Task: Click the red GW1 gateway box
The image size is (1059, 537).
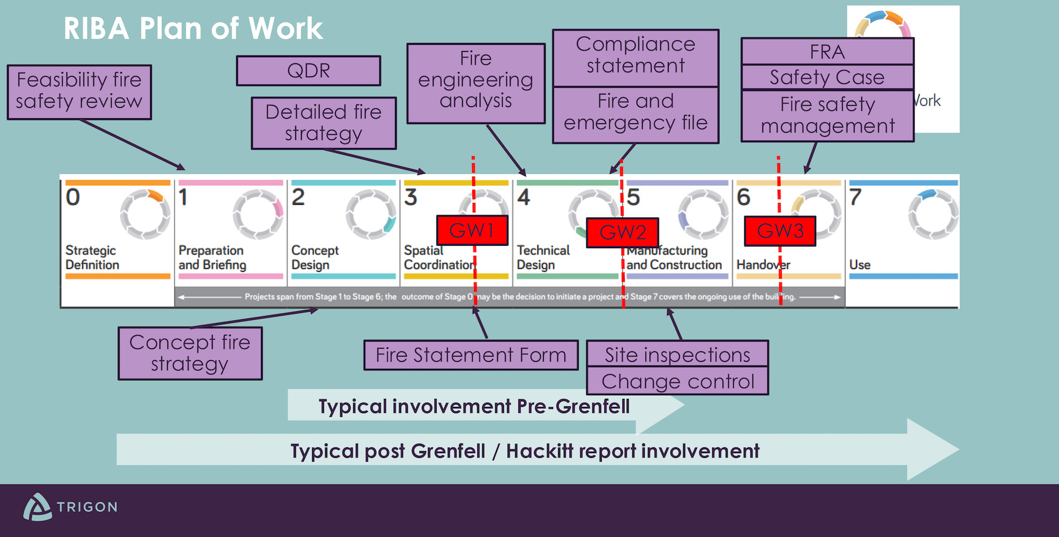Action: click(x=472, y=230)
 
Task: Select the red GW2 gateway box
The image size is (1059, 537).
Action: click(x=622, y=232)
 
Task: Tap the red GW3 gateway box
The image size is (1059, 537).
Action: click(x=780, y=231)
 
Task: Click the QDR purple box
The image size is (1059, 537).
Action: click(x=308, y=70)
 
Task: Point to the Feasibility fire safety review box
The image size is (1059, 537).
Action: click(x=79, y=91)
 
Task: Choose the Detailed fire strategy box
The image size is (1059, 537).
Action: click(x=323, y=123)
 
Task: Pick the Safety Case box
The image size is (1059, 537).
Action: click(x=827, y=77)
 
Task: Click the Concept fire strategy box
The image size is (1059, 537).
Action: click(x=190, y=353)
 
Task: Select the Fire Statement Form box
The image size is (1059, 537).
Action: click(x=471, y=355)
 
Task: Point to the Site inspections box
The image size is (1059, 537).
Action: click(x=677, y=354)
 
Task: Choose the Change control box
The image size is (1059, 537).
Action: click(x=677, y=381)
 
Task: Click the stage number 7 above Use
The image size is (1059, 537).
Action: click(x=855, y=197)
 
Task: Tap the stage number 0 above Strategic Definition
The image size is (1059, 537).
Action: click(x=73, y=197)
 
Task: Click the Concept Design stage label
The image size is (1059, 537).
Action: click(x=315, y=258)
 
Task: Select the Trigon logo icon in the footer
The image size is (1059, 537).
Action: click(x=37, y=507)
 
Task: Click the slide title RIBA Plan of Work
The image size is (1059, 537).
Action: click(x=193, y=29)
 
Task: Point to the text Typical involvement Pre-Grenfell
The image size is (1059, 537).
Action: click(x=474, y=406)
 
